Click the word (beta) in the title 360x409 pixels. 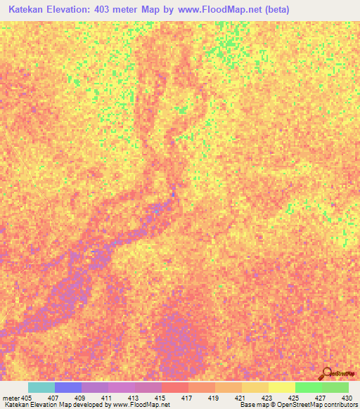pos(274,11)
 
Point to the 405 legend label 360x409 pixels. pos(26,398)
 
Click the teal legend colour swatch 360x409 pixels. pos(41,387)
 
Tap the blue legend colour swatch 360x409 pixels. pos(67,387)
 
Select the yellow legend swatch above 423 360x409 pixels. pos(255,387)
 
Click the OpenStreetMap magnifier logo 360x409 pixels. pos(326,373)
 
